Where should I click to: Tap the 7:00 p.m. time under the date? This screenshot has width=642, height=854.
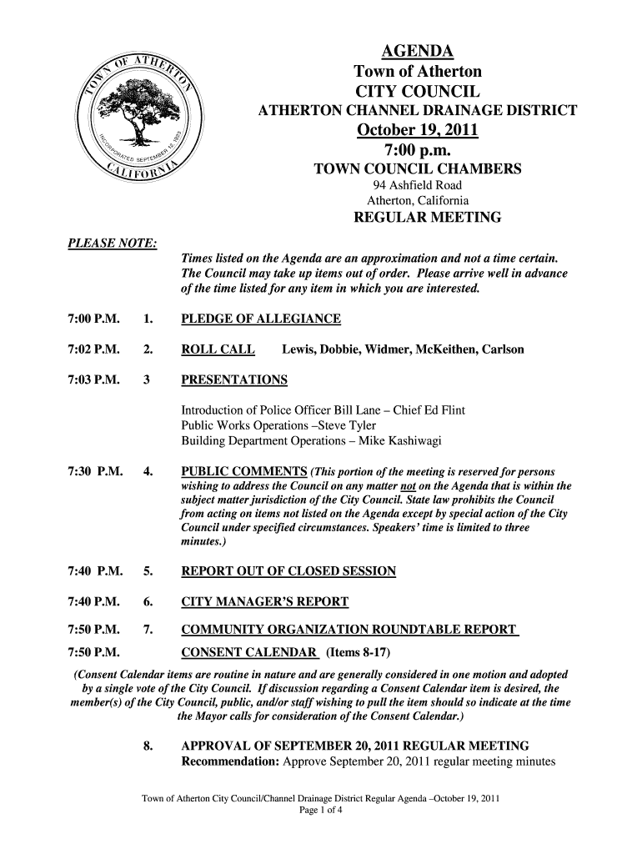coord(418,151)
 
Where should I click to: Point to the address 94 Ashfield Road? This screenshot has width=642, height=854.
coord(418,185)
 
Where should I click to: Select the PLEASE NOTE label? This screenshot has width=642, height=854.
coord(102,243)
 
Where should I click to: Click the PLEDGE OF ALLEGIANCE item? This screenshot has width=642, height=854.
coord(261,319)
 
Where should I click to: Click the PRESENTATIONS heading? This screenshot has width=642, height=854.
coord(234,380)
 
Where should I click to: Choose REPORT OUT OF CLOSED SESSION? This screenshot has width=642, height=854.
coord(288,571)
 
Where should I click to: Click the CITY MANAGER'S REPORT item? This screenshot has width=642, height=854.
coord(265,602)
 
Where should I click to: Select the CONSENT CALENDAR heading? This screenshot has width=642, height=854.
coord(250,651)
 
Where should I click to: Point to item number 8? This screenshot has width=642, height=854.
coord(148,745)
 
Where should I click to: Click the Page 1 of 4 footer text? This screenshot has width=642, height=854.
coord(321,810)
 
